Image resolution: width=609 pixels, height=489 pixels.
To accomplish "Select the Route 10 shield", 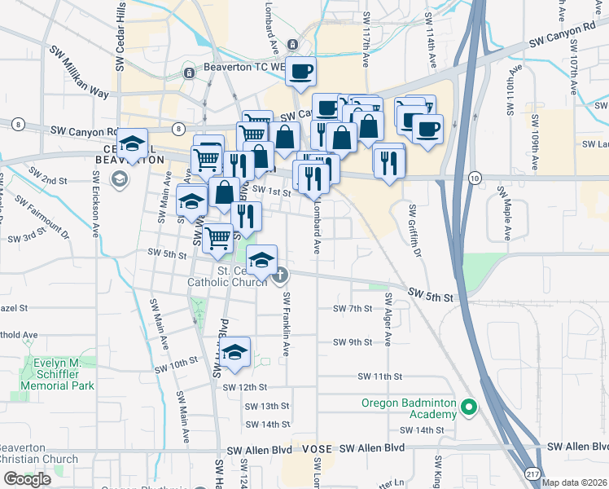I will click(475, 178).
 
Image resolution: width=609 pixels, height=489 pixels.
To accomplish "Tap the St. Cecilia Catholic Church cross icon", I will click(281, 275).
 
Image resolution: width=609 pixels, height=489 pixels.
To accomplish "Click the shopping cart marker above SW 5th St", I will click(217, 238).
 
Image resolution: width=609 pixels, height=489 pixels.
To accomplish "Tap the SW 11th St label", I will click(380, 377).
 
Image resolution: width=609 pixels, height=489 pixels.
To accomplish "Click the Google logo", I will click(27, 479).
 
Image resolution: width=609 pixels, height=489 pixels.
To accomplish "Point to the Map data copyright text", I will click(573, 482).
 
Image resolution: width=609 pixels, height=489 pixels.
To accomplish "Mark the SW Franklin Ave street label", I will click(287, 326).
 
